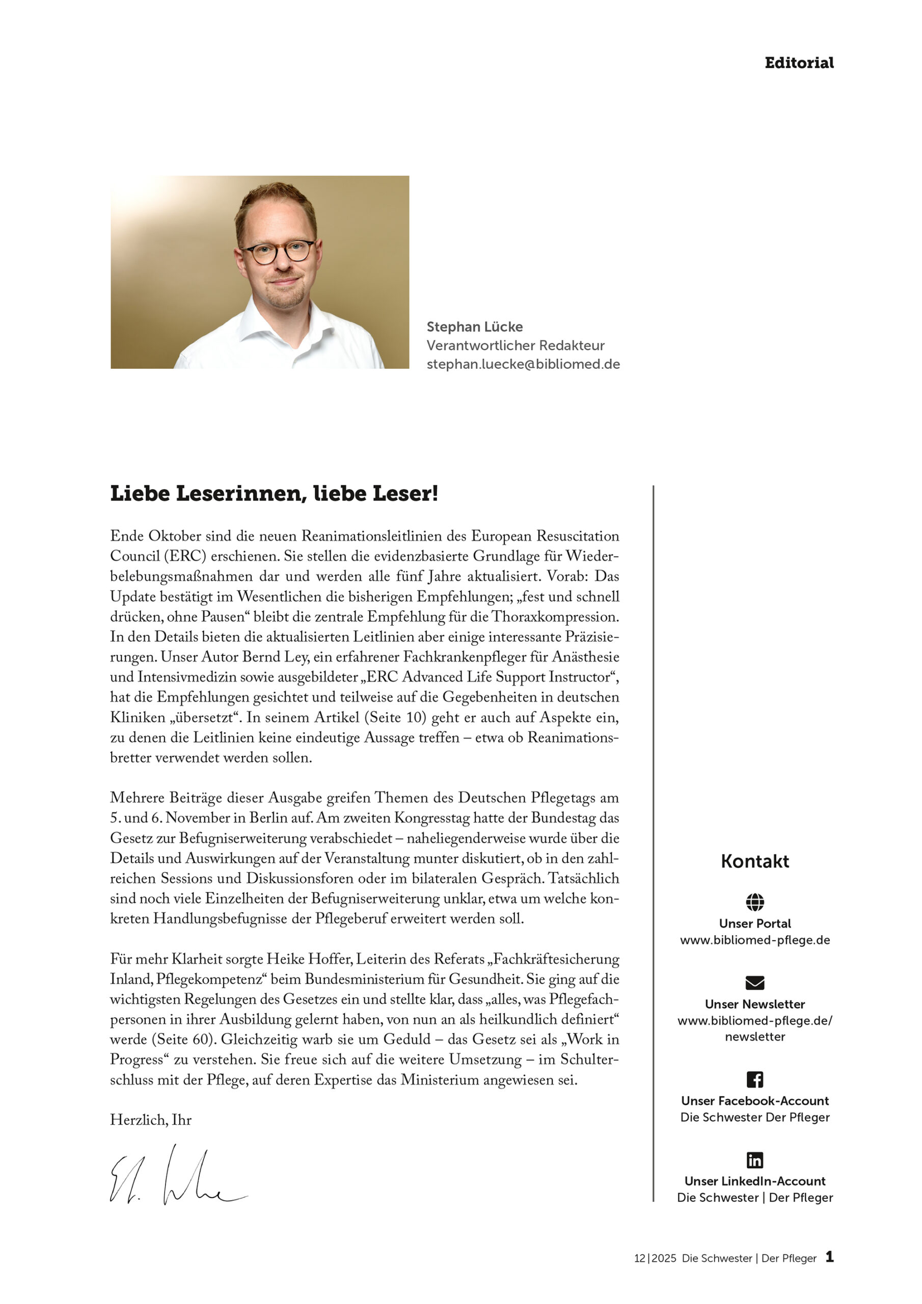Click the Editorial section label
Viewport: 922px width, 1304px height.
(x=799, y=63)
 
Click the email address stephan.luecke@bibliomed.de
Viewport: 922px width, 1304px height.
(x=523, y=364)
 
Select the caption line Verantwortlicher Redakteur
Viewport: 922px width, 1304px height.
(x=516, y=345)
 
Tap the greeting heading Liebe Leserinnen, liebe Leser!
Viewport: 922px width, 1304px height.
(x=274, y=493)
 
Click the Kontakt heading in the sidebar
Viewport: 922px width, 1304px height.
(x=754, y=861)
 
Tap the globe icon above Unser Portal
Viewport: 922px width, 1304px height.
(x=754, y=901)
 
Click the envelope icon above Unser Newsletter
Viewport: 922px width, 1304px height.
(x=754, y=983)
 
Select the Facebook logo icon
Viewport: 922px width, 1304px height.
(x=754, y=1079)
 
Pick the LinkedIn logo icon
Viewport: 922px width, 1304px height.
(x=754, y=1160)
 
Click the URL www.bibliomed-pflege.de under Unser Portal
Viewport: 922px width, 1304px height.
(x=754, y=940)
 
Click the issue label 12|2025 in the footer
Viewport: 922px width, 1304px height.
(x=655, y=1259)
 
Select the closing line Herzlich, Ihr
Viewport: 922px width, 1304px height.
(x=151, y=1120)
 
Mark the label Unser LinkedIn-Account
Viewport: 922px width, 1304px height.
(x=754, y=1181)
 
